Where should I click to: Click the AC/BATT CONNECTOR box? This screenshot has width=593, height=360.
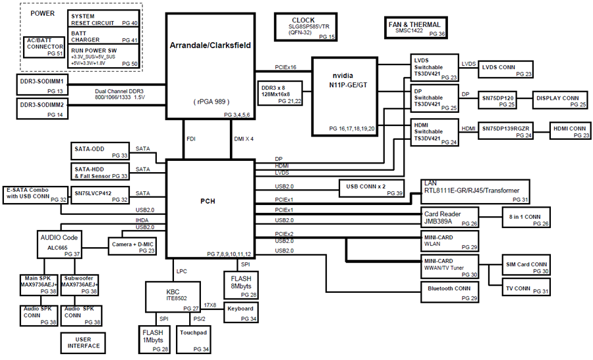(x=45, y=48)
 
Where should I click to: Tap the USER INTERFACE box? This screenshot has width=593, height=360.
(x=84, y=342)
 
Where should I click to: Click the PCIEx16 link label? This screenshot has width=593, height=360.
(x=285, y=67)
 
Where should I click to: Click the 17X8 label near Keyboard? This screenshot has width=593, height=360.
(x=212, y=305)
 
